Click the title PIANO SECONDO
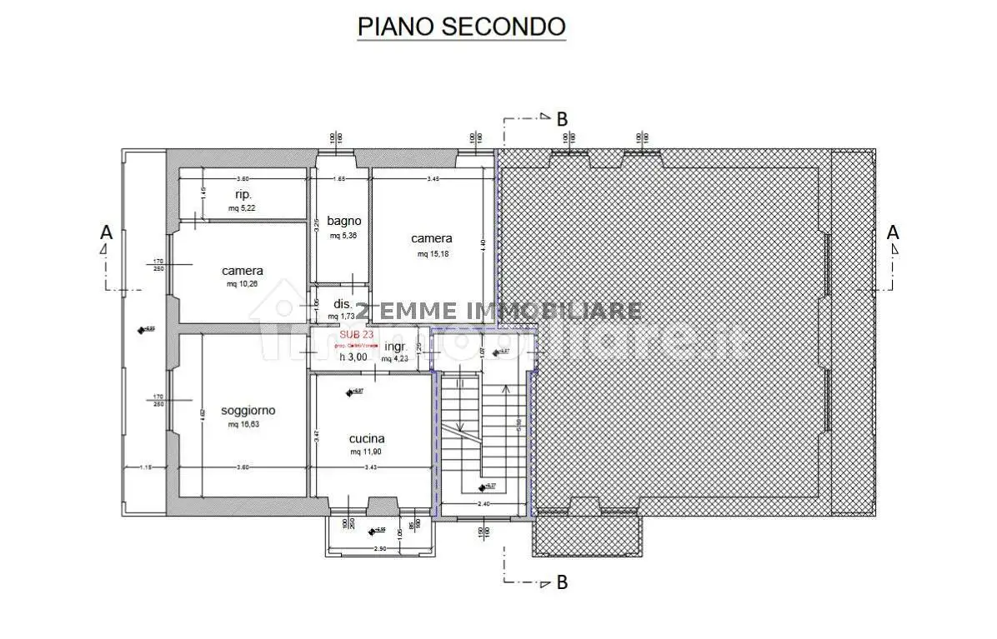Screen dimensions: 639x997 pos(461,26)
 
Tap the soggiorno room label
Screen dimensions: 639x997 pos(248,410)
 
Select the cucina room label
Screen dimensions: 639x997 pos(367,438)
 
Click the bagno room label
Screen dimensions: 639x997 pos(344,221)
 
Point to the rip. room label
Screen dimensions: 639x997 pos(243,194)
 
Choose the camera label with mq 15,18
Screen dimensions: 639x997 pos(432,238)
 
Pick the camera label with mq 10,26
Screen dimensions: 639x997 pos(243,271)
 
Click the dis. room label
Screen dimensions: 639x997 pos(343,304)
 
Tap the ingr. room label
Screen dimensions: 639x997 pos(395,346)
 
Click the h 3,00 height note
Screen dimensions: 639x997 pos(353,357)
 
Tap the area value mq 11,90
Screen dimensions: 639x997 pos(367,452)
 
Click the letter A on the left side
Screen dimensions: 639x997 pos(106,232)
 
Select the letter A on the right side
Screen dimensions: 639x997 pos(893,232)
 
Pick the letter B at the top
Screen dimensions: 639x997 pos(562,119)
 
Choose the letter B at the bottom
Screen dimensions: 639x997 pos(562,582)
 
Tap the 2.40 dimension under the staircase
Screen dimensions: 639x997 pos(483,504)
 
